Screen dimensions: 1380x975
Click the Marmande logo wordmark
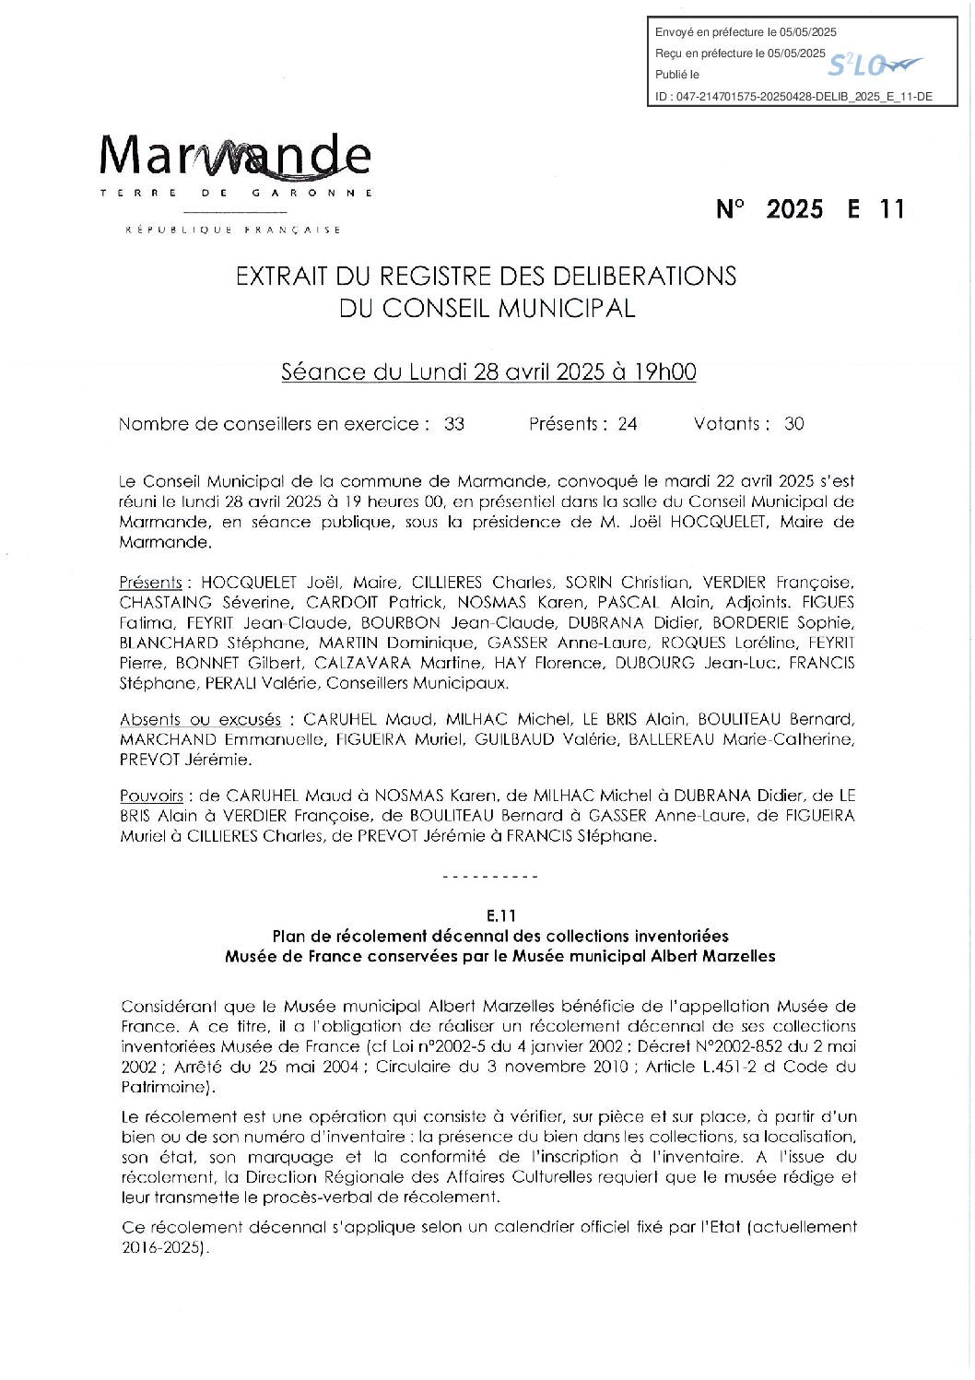(x=235, y=157)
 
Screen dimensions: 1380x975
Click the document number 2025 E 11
(x=810, y=209)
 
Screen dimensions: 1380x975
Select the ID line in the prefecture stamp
(x=793, y=96)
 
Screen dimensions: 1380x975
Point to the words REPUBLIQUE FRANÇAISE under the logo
(x=233, y=230)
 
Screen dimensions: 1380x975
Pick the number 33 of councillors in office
(x=454, y=424)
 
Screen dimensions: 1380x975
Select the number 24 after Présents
(x=628, y=424)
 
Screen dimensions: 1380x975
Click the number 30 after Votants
(x=793, y=424)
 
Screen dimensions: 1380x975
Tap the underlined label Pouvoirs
(x=151, y=795)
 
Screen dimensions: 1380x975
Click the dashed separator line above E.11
(x=490, y=877)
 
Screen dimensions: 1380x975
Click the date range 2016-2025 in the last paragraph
(x=160, y=1248)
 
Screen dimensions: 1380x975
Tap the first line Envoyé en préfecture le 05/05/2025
(x=746, y=32)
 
